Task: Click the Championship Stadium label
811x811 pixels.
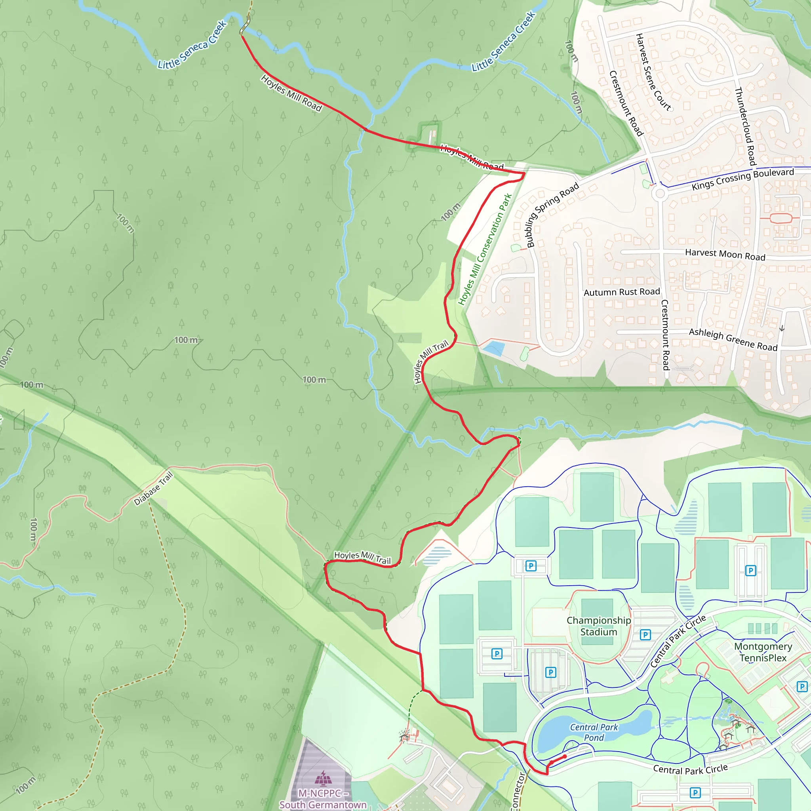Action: point(599,626)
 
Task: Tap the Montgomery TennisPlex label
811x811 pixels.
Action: point(763,652)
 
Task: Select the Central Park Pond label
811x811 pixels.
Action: point(594,732)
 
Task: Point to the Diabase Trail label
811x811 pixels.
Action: point(153,489)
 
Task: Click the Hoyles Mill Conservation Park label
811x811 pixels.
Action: point(485,249)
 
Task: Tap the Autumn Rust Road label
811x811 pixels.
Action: point(622,292)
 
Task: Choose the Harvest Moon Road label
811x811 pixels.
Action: point(725,254)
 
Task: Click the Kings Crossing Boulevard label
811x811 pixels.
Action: point(742,179)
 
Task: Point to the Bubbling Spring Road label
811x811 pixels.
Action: point(552,215)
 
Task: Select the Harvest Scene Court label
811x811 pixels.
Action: point(653,72)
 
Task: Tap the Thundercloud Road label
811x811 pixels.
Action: point(745,126)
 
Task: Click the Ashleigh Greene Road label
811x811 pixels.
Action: point(733,339)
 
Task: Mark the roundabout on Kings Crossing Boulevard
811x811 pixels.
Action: point(660,194)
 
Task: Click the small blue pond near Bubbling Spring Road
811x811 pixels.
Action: point(494,348)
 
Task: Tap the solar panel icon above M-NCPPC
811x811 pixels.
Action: point(323,777)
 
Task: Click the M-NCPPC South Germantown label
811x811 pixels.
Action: point(323,799)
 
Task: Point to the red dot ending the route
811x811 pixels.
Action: point(565,756)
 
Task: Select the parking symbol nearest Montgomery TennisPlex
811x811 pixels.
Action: point(801,687)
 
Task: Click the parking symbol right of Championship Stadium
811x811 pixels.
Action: point(645,635)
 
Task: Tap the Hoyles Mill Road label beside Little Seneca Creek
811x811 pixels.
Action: point(291,93)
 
